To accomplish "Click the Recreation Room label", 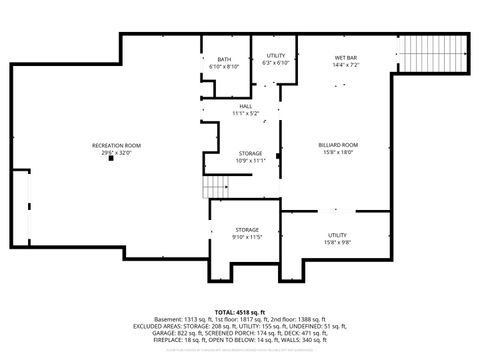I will pos(116,146).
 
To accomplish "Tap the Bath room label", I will pos(224,60).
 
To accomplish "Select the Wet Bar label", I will pos(345,59).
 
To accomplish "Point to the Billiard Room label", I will pos(338,145).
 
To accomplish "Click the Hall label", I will pos(245,106).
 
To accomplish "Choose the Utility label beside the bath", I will pos(276,56).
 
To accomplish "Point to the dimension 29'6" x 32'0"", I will pos(116,153).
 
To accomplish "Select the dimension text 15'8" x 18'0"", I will pos(338,153).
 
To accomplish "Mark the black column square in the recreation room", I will pos(111,160).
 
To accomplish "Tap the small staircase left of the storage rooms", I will pos(216,189).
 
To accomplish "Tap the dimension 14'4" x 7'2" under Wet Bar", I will pos(345,66).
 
